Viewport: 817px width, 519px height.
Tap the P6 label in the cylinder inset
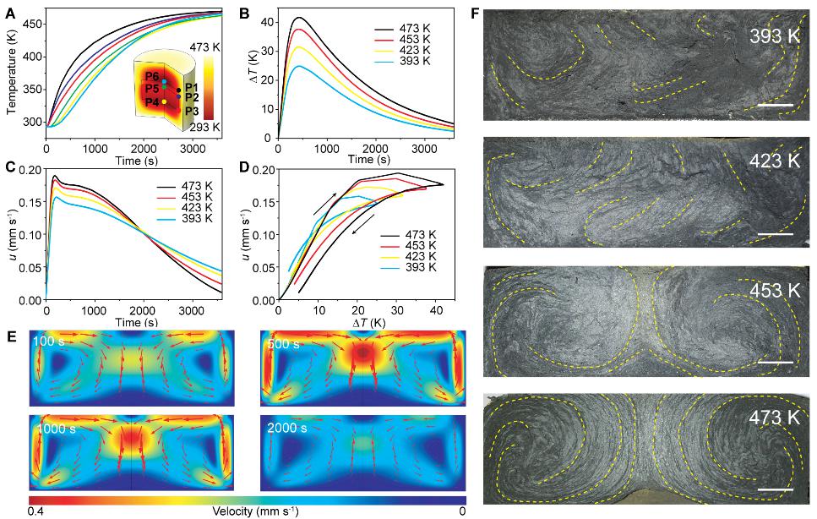152,76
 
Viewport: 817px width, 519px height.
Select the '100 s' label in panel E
47,341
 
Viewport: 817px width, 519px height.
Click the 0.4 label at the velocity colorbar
35,511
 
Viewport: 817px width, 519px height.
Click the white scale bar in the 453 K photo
776,362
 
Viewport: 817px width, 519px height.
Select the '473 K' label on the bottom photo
776,420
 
